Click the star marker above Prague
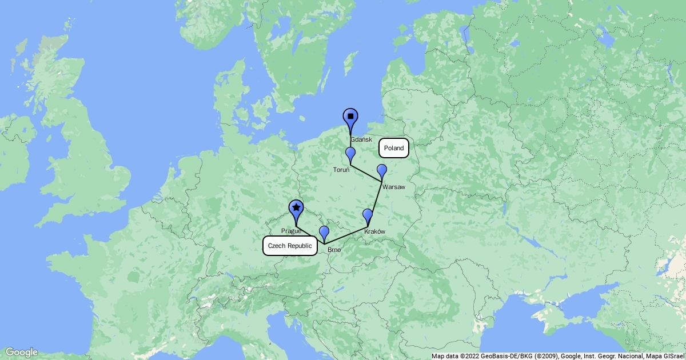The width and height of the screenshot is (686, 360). pyautogui.click(x=296, y=208)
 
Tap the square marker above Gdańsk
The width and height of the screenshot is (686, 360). pyautogui.click(x=350, y=117)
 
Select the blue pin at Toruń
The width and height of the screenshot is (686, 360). pyautogui.click(x=350, y=154)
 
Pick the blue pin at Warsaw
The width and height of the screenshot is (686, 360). pyautogui.click(x=382, y=171)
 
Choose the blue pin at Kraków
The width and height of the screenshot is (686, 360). pyautogui.click(x=368, y=215)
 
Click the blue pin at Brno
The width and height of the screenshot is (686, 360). pyautogui.click(x=324, y=233)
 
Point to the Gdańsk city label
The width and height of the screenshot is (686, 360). pyautogui.click(x=361, y=140)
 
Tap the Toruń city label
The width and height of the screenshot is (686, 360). pyautogui.click(x=342, y=170)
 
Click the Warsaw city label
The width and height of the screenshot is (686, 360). pyautogui.click(x=394, y=187)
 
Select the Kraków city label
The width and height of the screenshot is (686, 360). pyautogui.click(x=374, y=231)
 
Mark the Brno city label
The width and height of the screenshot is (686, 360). pyautogui.click(x=334, y=250)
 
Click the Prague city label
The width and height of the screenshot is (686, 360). pyautogui.click(x=291, y=231)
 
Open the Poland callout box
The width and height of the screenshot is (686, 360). pyautogui.click(x=394, y=148)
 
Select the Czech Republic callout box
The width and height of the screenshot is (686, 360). pyautogui.click(x=290, y=246)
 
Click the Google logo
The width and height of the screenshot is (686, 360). pyautogui.click(x=21, y=352)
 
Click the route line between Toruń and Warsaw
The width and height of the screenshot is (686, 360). pyautogui.click(x=366, y=174)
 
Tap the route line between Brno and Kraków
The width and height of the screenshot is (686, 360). pyautogui.click(x=346, y=237)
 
